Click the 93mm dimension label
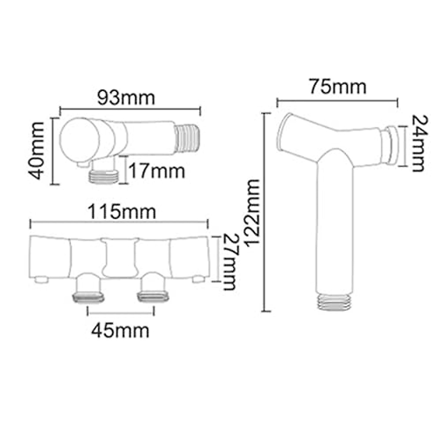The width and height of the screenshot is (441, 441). pos(126,98)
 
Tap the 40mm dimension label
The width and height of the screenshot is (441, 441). pos(38,151)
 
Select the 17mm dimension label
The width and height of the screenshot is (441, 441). pos(157,172)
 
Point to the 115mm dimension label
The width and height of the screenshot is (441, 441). pos(121,212)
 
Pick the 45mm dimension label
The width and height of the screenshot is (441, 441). pos(121,330)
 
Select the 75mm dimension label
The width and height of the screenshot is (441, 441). pos(337,87)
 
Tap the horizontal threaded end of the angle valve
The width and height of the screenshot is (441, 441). pos(187,138)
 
